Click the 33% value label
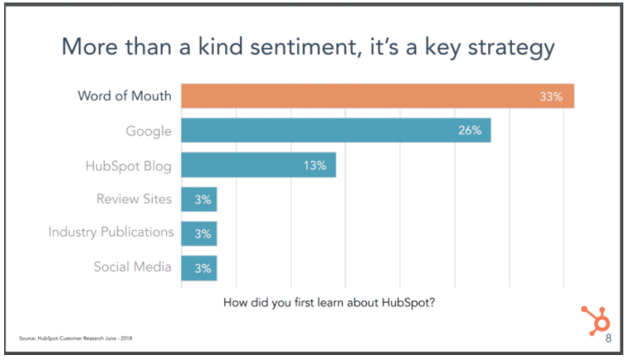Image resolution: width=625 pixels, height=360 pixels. tap(551, 96)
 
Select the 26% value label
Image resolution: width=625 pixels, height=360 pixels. tap(470, 130)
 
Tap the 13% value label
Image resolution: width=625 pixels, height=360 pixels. tap(315, 165)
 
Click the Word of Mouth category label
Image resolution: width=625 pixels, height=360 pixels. tap(125, 95)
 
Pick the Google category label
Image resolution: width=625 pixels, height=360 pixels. tap(149, 130)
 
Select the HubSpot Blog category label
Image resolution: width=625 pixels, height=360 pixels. tap(128, 165)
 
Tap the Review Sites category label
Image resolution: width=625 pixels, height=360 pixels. tap(134, 199)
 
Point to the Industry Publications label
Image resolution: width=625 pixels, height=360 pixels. tap(111, 233)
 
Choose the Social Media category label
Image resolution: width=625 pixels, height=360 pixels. tap(133, 267)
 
